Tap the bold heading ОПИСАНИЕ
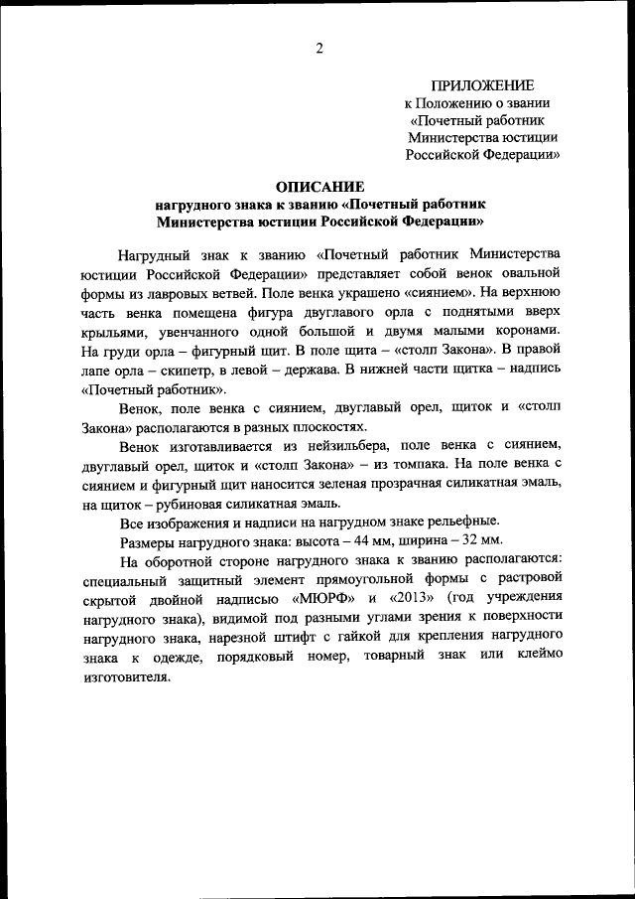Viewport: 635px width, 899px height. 319,186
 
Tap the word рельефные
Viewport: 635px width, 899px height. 463,523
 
